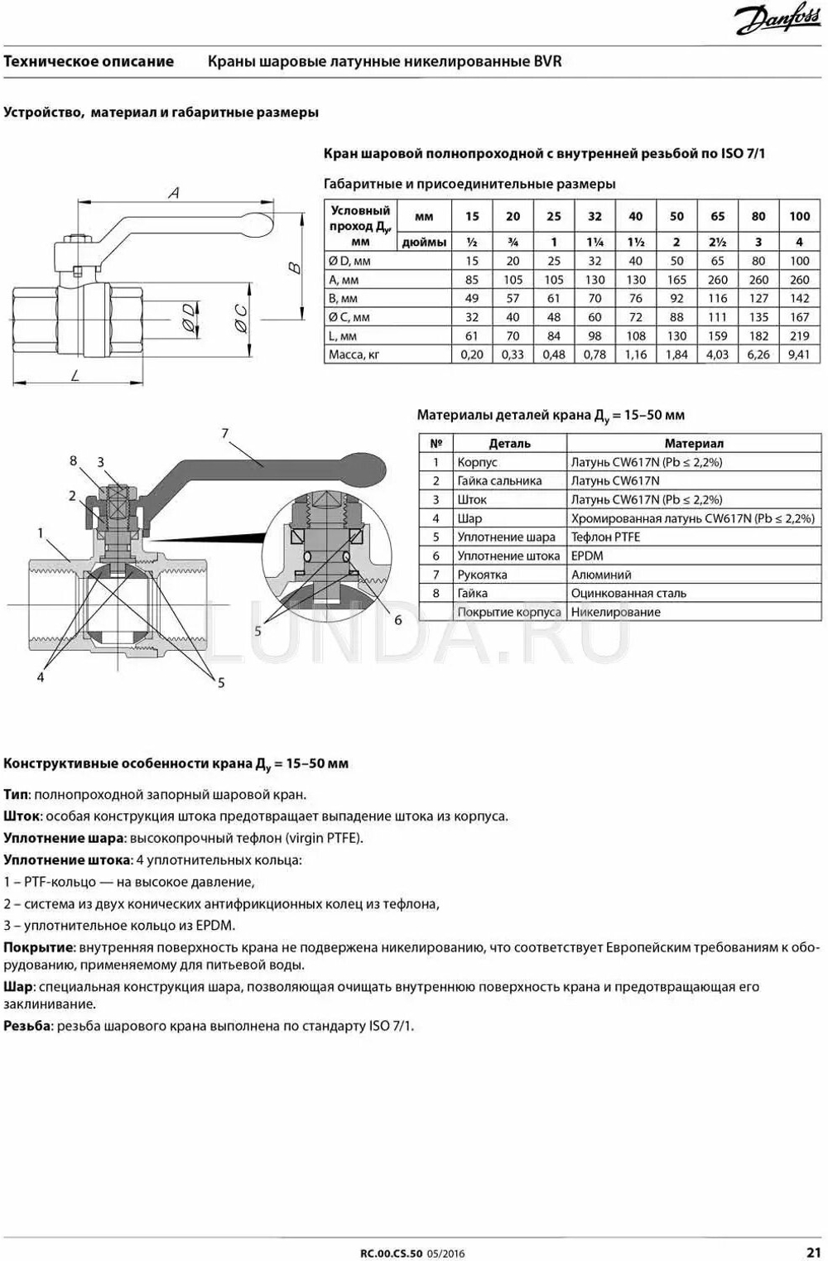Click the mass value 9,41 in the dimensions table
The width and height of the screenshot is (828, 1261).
tap(799, 354)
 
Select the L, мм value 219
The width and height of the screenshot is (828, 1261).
tap(799, 336)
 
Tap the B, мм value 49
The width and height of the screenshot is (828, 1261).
tap(472, 298)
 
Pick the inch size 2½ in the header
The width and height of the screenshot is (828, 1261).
tap(717, 242)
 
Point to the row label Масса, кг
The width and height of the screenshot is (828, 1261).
tap(354, 354)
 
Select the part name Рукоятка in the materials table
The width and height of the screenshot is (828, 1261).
tap(482, 575)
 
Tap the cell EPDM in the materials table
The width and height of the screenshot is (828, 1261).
tap(587, 556)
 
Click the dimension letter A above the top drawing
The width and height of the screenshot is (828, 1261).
tap(174, 193)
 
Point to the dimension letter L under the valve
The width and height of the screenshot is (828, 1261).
tap(75, 375)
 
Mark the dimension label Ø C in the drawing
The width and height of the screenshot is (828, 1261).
tap(240, 318)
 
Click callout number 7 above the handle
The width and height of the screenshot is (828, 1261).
tap(224, 433)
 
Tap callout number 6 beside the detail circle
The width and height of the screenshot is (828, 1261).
tap(398, 619)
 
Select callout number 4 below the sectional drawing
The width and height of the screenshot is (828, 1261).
tap(40, 676)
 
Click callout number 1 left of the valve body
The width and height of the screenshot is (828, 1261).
tap(40, 534)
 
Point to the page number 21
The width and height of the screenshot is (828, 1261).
tap(813, 1252)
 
